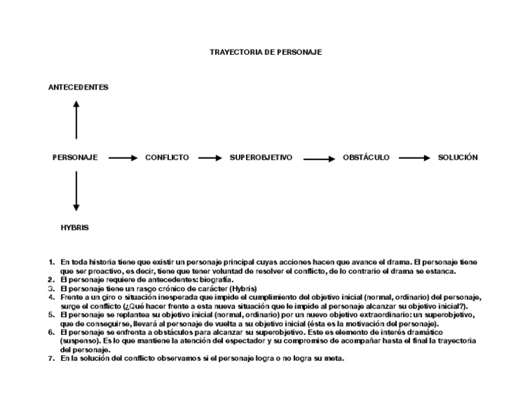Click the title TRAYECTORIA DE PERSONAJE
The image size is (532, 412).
click(265, 52)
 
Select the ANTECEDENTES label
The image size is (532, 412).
click(78, 87)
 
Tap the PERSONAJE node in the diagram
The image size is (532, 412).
click(75, 157)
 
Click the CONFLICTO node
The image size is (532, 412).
click(166, 157)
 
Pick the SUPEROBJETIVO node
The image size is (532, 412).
click(261, 157)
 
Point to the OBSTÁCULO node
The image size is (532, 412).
click(366, 157)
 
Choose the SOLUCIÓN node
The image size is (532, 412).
click(458, 157)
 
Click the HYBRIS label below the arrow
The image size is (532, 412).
click(75, 227)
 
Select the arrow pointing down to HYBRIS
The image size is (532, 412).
click(76, 192)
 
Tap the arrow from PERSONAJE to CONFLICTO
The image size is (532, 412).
click(123, 158)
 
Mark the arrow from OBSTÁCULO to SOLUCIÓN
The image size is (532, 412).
click(415, 158)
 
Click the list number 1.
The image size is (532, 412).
click(51, 262)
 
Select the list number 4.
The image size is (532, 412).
click(51, 297)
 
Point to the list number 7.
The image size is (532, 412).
click(51, 359)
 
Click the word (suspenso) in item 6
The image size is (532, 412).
click(80, 341)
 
